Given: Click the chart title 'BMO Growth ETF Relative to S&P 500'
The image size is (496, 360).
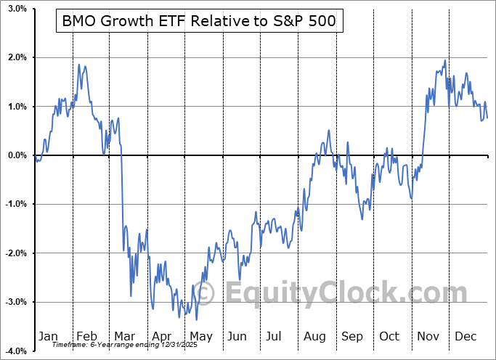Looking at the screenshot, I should click(x=200, y=22).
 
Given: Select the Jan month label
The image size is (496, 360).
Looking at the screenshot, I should click(x=48, y=336).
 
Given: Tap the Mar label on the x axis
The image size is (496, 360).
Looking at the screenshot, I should click(x=124, y=336).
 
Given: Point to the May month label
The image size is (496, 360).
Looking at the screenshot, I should click(x=200, y=336).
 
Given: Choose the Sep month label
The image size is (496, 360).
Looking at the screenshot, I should click(x=352, y=336).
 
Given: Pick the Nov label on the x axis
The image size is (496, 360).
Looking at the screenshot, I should click(x=428, y=336).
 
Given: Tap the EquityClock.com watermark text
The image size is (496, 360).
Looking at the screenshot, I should click(x=333, y=293).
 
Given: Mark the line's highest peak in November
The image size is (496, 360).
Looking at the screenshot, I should click(x=444, y=60).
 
